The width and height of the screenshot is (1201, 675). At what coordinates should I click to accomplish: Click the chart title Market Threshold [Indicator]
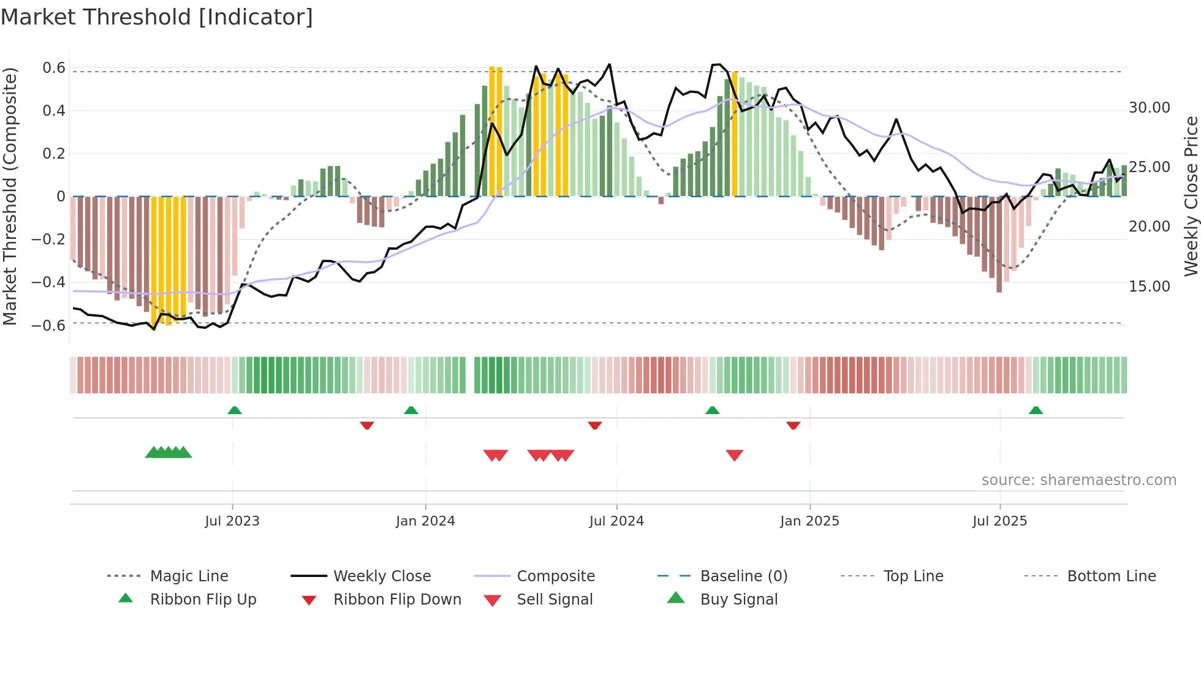(157, 17)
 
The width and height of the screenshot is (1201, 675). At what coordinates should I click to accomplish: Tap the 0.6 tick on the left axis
(54, 68)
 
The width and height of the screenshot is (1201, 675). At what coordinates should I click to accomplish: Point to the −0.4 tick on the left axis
(48, 282)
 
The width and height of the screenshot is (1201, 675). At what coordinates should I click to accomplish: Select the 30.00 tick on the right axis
(1149, 108)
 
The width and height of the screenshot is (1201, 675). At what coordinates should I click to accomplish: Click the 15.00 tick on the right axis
(1149, 287)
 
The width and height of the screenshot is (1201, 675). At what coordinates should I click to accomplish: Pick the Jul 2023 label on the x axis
(232, 521)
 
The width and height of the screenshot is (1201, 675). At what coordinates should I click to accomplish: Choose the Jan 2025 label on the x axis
(809, 521)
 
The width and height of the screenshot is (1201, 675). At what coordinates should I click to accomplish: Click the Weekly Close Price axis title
(1190, 196)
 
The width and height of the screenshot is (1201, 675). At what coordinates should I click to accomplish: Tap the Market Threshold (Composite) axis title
(10, 196)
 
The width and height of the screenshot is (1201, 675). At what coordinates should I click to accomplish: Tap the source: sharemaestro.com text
(1078, 480)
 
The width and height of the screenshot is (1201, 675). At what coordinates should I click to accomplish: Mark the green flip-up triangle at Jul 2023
(235, 410)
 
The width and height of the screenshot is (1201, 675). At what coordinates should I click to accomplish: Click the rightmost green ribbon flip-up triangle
(1036, 410)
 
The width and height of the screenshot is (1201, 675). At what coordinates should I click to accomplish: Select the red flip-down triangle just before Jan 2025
(794, 425)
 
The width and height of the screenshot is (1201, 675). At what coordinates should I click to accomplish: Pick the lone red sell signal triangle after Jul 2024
(734, 455)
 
